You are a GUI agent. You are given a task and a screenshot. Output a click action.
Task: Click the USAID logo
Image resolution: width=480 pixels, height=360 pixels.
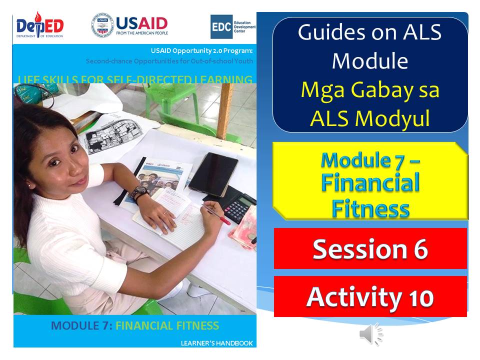pos(129,25)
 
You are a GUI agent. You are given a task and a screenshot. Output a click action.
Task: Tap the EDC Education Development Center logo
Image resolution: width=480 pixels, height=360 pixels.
pos(232,26)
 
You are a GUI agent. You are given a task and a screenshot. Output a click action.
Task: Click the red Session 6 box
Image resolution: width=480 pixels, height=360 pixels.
pos(370,248)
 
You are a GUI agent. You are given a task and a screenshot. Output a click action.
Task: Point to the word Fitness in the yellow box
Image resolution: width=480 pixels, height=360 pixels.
pos(370,206)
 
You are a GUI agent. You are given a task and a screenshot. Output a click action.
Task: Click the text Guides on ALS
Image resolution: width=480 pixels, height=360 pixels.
pos(370,32)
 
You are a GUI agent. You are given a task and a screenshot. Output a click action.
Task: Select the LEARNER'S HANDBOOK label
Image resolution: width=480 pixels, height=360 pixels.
pos(217,343)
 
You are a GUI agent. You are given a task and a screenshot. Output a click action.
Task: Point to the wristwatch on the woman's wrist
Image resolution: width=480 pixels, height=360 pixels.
pos(139,192)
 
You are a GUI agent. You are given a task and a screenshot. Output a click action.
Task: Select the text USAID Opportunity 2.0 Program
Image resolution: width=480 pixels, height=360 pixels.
pos(202,51)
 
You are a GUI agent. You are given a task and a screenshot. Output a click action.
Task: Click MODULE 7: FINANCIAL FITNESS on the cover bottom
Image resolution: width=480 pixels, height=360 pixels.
pos(135,326)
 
